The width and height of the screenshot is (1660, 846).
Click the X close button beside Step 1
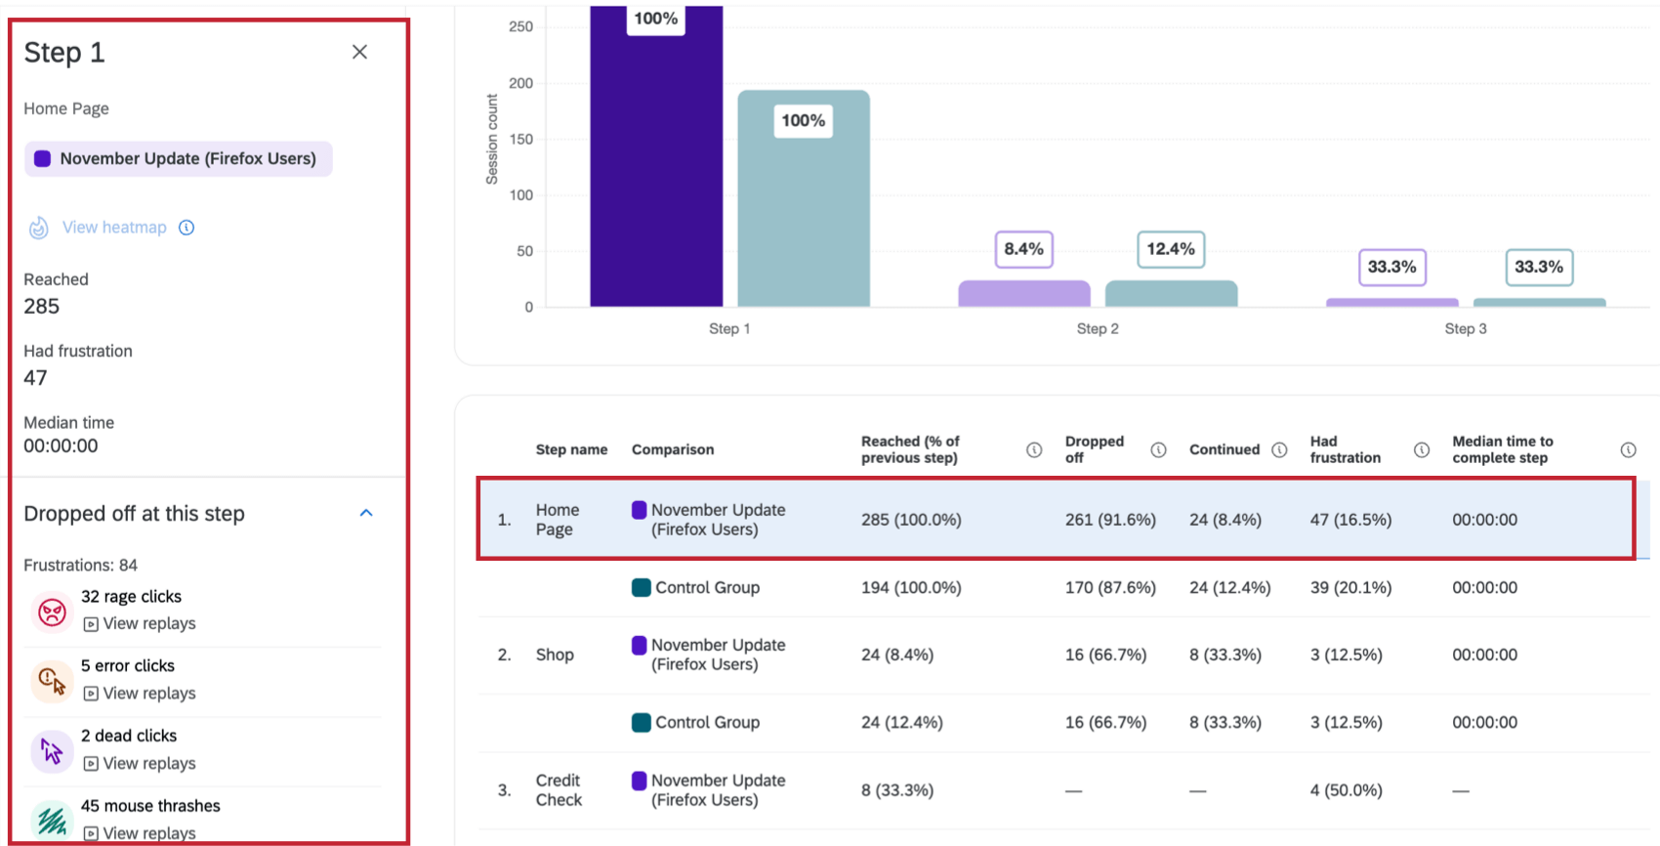point(359,52)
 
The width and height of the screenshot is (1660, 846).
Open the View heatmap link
point(114,228)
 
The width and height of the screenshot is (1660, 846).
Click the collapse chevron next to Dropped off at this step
point(366,513)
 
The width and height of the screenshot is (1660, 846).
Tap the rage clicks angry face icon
point(52,612)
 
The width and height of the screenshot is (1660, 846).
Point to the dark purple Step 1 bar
point(656,176)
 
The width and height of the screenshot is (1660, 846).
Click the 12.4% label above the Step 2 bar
point(1171,249)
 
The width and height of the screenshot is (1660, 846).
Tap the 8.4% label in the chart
point(1023,249)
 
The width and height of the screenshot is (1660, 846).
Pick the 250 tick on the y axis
point(520,26)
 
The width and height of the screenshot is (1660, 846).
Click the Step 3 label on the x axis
point(1465,329)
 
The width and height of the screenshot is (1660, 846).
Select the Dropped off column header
point(1094,449)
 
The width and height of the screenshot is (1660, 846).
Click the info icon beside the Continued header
point(1279,449)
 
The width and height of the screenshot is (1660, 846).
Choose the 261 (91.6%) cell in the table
point(1110,520)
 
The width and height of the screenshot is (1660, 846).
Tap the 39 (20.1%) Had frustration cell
point(1350,588)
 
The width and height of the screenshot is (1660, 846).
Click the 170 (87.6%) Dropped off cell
point(1110,588)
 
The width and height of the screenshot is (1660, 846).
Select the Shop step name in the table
point(555,655)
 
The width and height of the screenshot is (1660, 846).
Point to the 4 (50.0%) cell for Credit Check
point(1346,790)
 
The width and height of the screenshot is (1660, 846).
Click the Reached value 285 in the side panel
point(42,307)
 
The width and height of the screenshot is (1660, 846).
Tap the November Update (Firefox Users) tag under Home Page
point(178,159)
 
